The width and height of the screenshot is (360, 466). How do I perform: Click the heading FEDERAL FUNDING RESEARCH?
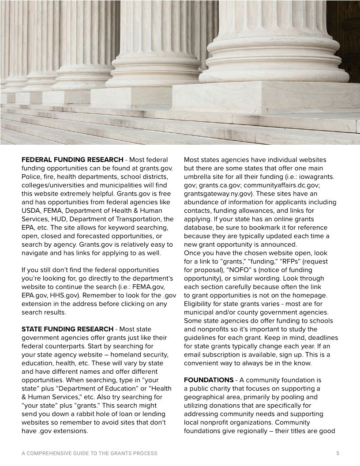pos(72,159)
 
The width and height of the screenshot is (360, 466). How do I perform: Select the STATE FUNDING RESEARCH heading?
pos(67,329)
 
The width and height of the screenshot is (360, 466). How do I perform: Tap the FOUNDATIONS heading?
pos(209,380)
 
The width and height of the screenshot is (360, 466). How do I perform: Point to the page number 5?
pos(337,453)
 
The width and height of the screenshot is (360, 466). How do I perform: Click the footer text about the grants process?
pos(90,453)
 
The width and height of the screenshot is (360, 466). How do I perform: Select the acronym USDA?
pos(30,210)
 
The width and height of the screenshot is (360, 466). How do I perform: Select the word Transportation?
pos(128,219)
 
